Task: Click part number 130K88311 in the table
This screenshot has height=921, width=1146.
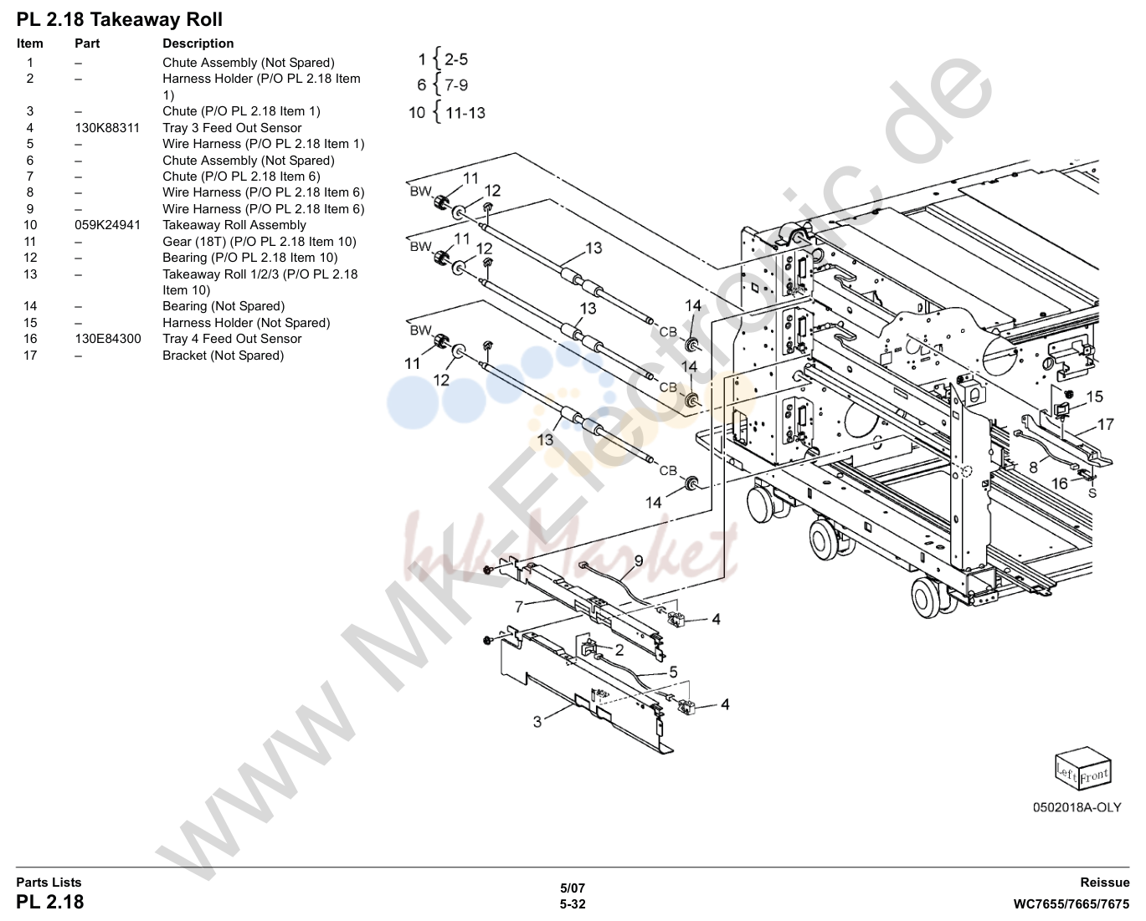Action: pos(107,128)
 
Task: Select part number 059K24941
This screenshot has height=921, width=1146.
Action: pos(108,225)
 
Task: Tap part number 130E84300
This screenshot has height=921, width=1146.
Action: pos(108,339)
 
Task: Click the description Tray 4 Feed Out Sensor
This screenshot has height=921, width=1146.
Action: pos(232,339)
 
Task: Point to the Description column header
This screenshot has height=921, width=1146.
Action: pos(198,43)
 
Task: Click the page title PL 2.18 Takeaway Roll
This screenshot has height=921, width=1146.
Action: pos(119,20)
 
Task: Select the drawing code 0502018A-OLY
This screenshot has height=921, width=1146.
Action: pos(1077,807)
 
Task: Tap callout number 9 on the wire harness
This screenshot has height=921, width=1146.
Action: pos(639,560)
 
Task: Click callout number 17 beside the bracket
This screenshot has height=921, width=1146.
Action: pos(1105,425)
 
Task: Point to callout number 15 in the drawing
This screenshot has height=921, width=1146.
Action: pos(1094,397)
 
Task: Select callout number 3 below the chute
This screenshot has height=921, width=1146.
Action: pos(537,722)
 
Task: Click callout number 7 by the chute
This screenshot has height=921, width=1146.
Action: pos(519,606)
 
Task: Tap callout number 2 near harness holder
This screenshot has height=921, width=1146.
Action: pos(619,650)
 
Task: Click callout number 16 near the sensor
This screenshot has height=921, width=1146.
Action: pos(1059,484)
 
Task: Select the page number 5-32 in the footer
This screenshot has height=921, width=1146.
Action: pos(573,904)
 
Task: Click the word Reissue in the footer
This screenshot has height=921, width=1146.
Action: pos(1104,883)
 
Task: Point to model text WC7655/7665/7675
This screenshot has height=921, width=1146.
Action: pos(1071,904)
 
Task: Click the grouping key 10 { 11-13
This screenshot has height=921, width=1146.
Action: pos(447,112)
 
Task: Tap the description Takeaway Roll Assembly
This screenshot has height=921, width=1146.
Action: pos(234,225)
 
